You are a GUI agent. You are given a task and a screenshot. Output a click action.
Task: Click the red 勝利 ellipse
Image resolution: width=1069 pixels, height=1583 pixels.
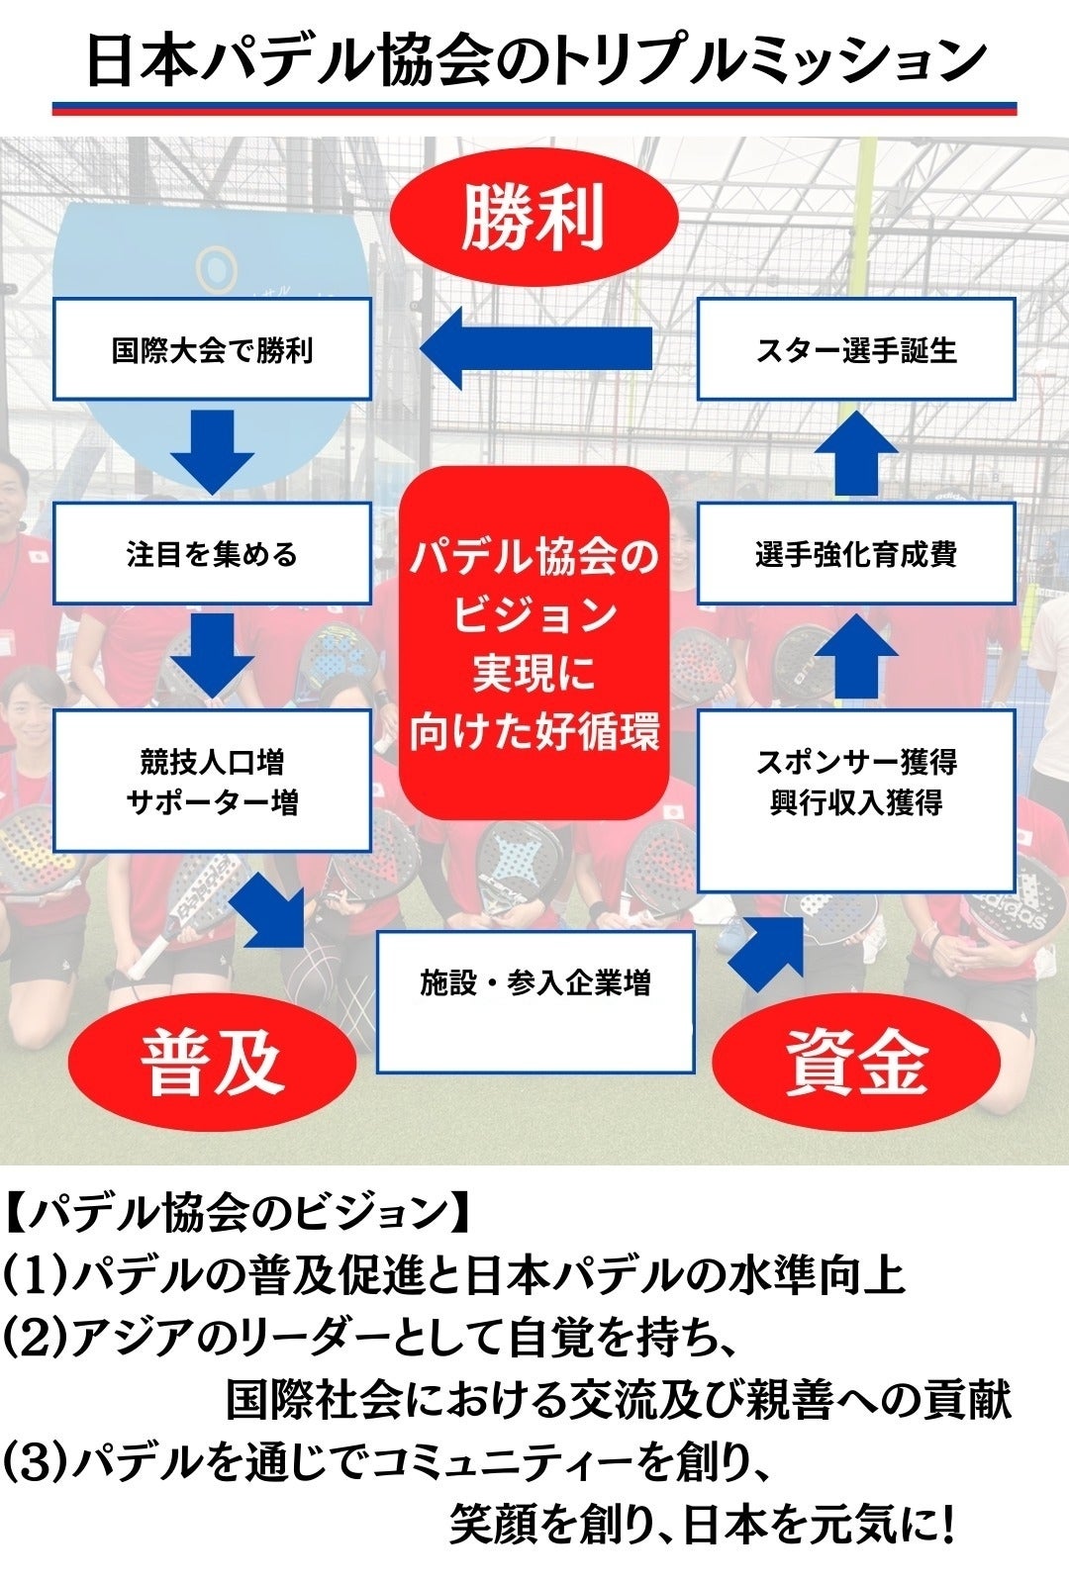(x=534, y=217)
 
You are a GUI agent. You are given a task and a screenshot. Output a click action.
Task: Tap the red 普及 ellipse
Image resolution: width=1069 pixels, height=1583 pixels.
(x=212, y=1062)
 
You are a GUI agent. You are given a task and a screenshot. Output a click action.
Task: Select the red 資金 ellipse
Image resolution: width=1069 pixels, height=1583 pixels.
(x=856, y=1062)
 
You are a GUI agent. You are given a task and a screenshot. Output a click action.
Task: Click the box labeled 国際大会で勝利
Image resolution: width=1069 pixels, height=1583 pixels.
(x=212, y=349)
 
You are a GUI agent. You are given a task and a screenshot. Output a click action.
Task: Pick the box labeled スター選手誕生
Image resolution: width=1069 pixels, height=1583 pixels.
(x=856, y=349)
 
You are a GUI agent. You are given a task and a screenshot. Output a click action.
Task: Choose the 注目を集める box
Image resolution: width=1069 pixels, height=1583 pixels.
(x=212, y=553)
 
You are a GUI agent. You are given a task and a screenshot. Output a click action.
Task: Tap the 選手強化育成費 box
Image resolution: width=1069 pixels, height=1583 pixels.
(x=856, y=553)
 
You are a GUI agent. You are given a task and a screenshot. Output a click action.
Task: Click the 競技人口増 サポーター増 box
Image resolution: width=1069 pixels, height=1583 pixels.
(x=212, y=781)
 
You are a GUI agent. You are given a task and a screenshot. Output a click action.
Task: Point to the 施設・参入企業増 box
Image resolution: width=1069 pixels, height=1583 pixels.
(x=534, y=1001)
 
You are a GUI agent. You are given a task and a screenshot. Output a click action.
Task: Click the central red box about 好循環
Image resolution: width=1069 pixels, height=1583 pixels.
(x=534, y=643)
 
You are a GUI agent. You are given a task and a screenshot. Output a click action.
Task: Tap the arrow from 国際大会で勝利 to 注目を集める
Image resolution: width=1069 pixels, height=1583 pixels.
(x=212, y=451)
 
